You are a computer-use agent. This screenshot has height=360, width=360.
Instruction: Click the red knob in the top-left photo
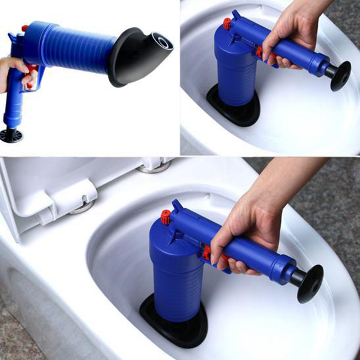tap(25, 28)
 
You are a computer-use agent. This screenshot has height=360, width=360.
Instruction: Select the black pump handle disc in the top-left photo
tap(11, 136)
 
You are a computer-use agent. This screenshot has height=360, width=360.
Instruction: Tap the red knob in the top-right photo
tap(227, 23)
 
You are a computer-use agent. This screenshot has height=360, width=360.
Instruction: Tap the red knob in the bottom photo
tap(165, 217)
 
